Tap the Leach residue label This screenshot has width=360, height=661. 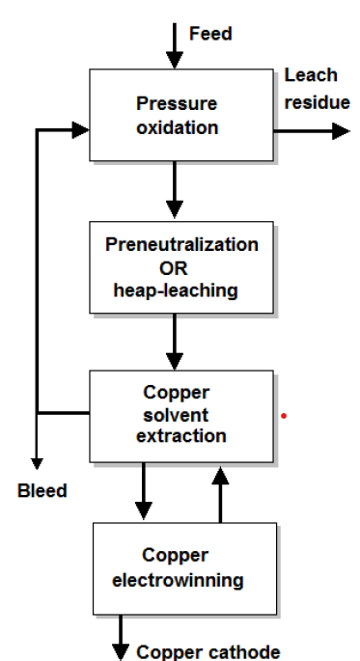pos(317,89)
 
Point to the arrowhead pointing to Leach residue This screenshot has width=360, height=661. pos(340,130)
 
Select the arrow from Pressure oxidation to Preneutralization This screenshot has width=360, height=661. pos(175,194)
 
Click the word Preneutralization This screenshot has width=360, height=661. pos(181,244)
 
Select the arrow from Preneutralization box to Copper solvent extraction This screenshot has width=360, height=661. pos(175,342)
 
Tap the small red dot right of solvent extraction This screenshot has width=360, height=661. pos(283,417)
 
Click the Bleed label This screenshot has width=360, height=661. pos(42,491)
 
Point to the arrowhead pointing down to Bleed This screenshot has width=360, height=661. pos(37,462)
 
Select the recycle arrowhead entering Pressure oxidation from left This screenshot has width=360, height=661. pos(79,130)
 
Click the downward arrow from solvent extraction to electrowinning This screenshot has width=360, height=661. pos(144,492)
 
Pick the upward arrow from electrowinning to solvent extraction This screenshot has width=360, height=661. pos(221,492)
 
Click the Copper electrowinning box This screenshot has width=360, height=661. pos(184,568)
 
